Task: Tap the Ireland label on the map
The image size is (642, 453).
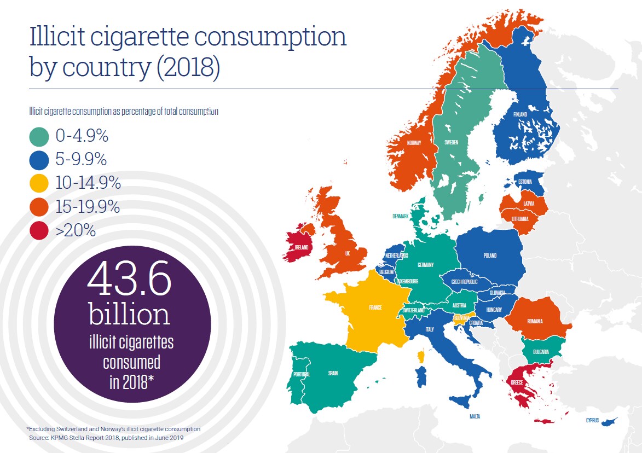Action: tap(302, 247)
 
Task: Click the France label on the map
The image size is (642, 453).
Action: tap(375, 308)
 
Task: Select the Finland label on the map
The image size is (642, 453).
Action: tap(520, 115)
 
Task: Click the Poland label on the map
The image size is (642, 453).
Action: tap(490, 255)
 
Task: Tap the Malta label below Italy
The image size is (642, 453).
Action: tap(475, 417)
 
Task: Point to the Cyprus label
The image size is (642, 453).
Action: tap(592, 421)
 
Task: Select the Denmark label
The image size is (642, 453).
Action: tap(401, 216)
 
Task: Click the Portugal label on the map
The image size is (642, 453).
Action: tap(302, 374)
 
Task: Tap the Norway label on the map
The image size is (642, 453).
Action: tap(414, 143)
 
